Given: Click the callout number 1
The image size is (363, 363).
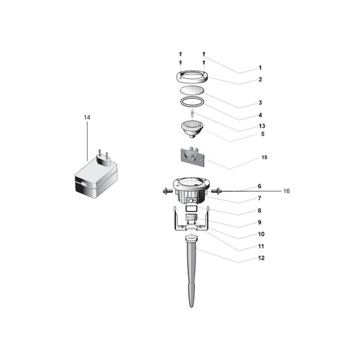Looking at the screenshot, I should pos(260,68).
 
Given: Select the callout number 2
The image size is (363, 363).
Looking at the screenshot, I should pos(260,79).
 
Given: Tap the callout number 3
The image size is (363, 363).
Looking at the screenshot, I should pos(260,103).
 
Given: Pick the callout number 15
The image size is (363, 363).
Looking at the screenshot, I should pos(264,157).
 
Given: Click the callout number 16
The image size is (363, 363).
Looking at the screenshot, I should pos(286,191).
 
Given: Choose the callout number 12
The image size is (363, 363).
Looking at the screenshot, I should pos(261,258).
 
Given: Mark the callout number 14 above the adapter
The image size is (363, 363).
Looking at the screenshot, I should pos(87,117).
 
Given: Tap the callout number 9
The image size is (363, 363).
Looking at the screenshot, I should pos(260,223).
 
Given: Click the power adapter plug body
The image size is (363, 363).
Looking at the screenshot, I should pos(94,180).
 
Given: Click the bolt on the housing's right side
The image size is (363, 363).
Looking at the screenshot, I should pos(216,191).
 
